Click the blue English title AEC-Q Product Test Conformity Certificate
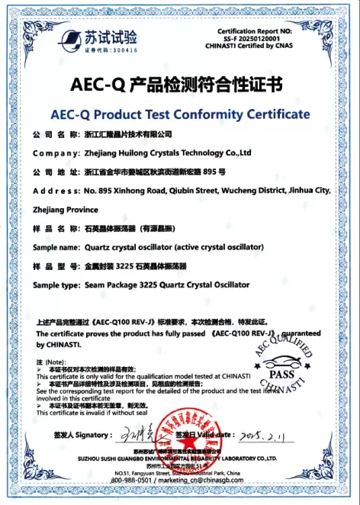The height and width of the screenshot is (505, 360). [179, 114]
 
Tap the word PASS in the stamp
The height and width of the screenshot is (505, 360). [282, 375]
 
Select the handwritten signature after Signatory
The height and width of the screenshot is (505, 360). [136, 436]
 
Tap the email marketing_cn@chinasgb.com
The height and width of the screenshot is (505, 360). [209, 480]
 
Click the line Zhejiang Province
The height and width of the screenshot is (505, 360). [66, 209]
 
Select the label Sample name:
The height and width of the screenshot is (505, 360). [56, 248]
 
